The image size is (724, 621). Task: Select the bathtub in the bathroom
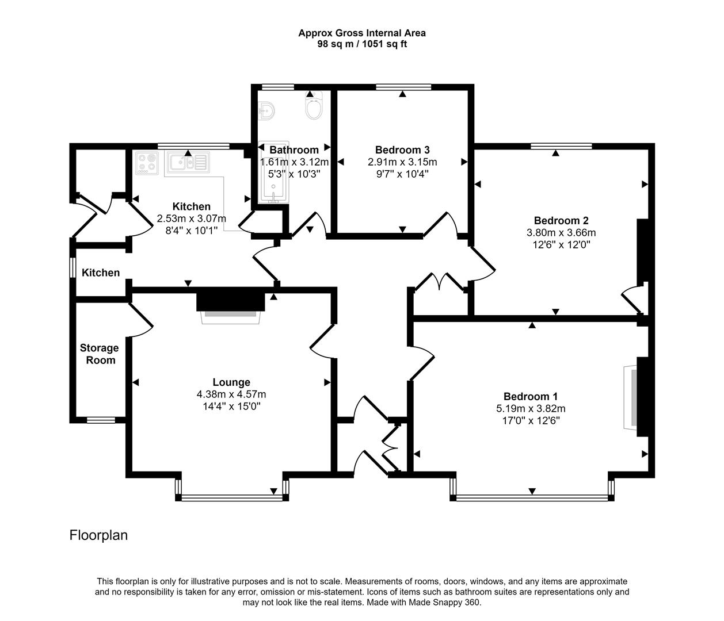click(x=273, y=172)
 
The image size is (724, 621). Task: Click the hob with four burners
click(x=147, y=162)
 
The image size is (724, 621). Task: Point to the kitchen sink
click(x=188, y=162)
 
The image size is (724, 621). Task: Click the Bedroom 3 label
click(x=402, y=149)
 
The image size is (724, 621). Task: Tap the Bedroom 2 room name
click(x=561, y=220)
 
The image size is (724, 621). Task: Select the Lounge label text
click(x=231, y=382)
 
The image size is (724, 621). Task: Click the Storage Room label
click(x=99, y=354)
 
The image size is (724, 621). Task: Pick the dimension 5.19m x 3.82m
click(x=530, y=409)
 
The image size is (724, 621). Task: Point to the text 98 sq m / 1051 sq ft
click(x=361, y=44)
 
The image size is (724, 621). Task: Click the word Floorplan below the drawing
click(x=98, y=535)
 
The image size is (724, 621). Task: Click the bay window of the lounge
click(x=232, y=495)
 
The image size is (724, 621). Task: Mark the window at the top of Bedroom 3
click(x=403, y=87)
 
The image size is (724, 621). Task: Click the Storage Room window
click(x=101, y=420)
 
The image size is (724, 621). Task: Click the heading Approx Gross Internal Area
click(x=361, y=33)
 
